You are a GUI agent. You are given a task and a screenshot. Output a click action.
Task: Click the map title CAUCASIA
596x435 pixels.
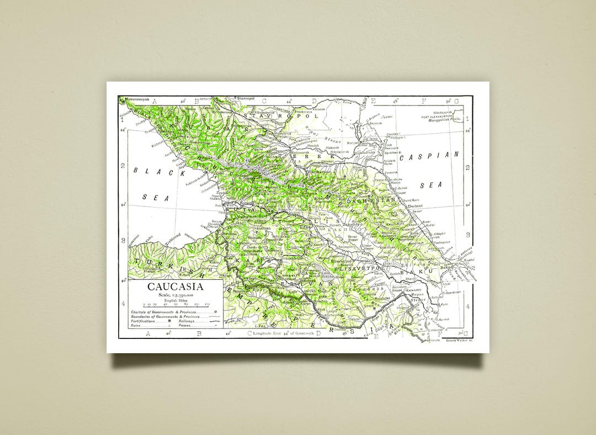pyautogui.click(x=175, y=287)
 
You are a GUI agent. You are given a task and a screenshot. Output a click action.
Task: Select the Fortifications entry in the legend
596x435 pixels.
pyautogui.click(x=146, y=321)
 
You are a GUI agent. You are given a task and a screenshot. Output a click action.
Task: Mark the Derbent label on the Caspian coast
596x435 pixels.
pyautogui.click(x=415, y=206)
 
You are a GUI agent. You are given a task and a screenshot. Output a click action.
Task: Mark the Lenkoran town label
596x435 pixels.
pyautogui.click(x=440, y=329)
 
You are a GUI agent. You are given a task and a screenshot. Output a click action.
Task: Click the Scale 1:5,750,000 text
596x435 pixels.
pyautogui.click(x=175, y=296)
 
